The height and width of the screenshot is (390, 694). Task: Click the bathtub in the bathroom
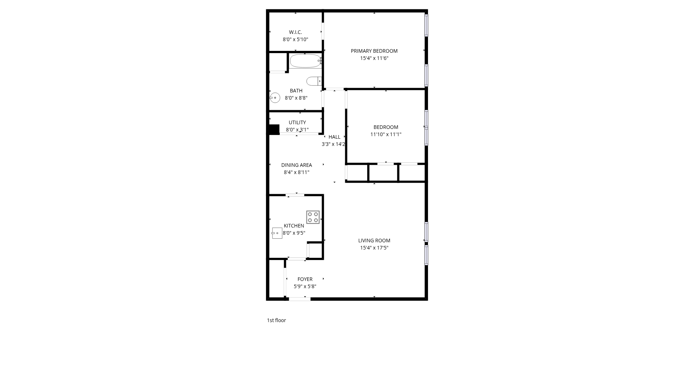(x=305, y=61)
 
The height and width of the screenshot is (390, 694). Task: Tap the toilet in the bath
(x=314, y=81)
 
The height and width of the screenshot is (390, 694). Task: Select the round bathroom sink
(x=275, y=98)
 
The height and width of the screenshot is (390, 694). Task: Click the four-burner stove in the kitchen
(x=313, y=217)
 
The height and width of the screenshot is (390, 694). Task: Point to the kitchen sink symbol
(x=277, y=233)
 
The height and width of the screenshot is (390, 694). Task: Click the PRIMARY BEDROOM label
(x=374, y=51)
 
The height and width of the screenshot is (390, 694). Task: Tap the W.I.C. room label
(x=295, y=32)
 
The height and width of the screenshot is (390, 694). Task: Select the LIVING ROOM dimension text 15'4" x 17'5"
(x=374, y=248)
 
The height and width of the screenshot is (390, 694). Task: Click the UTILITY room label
(x=297, y=122)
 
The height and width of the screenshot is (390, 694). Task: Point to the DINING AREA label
(x=296, y=165)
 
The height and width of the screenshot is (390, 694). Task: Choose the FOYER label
(x=305, y=279)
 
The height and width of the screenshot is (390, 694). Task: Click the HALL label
(x=334, y=137)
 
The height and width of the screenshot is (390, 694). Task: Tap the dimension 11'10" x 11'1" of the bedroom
(x=386, y=134)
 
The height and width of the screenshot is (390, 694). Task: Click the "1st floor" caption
(x=276, y=320)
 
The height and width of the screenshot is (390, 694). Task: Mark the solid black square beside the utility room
(x=274, y=130)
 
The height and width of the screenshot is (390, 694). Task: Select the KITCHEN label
(x=294, y=226)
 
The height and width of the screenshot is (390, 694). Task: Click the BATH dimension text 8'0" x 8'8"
(x=296, y=98)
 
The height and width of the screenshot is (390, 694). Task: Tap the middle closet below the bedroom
(x=383, y=173)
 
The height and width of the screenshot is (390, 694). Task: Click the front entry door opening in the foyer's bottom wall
(x=300, y=299)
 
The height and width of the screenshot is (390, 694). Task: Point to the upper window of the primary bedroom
(x=427, y=25)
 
